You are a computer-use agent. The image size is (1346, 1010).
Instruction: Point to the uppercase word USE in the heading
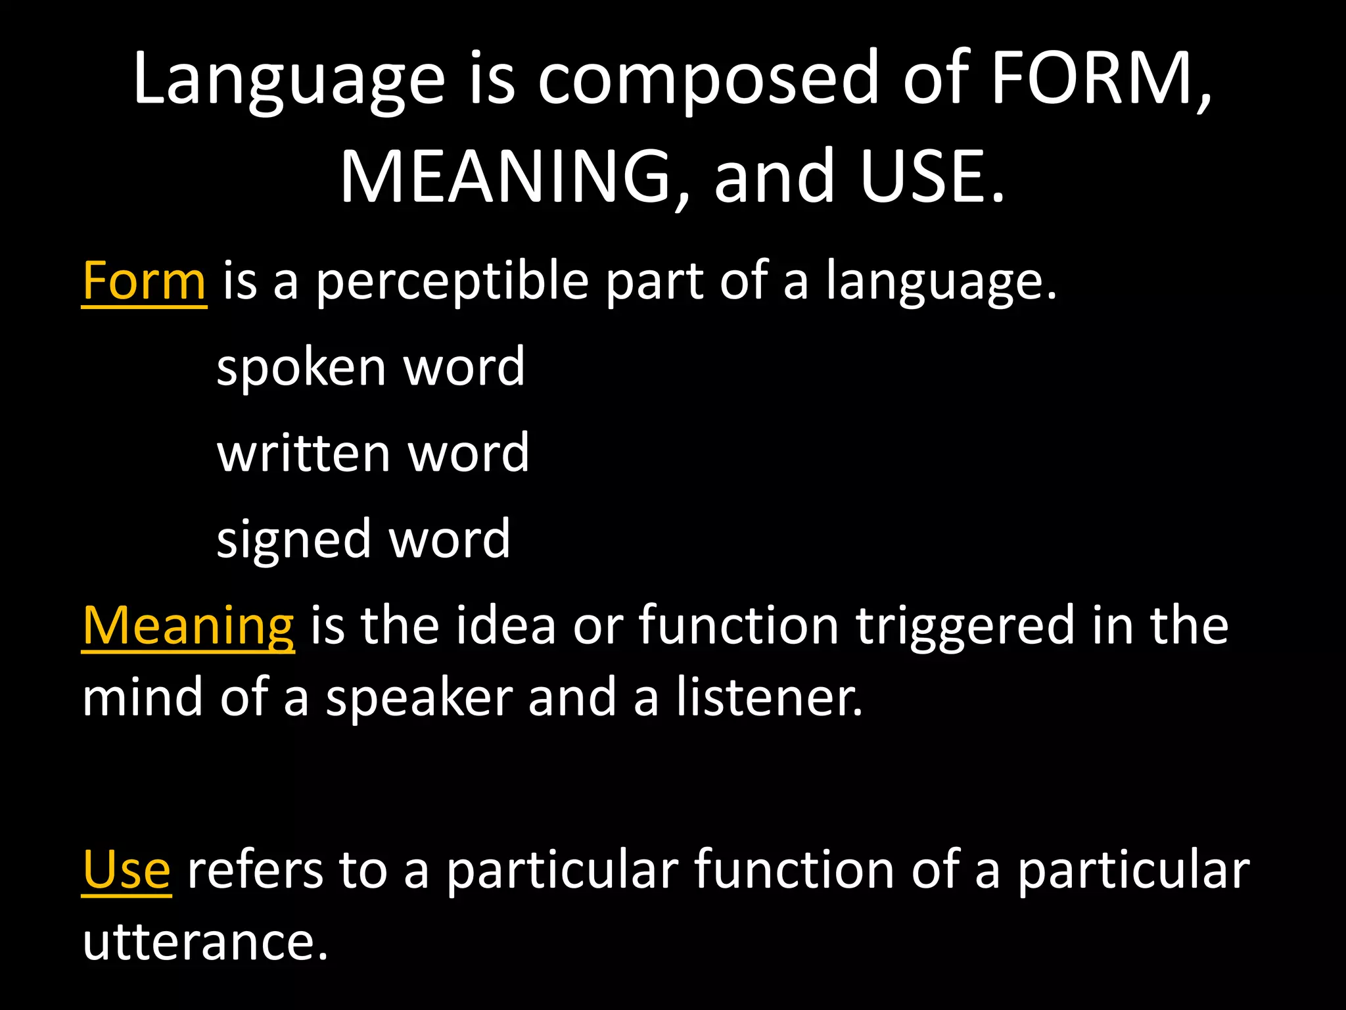tap(923, 176)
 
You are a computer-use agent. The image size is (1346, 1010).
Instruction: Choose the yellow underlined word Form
tap(145, 281)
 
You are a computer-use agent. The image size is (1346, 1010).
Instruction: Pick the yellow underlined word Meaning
tap(189, 625)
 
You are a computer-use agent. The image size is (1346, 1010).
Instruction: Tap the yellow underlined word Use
tap(127, 870)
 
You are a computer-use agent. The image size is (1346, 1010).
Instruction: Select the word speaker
tap(419, 699)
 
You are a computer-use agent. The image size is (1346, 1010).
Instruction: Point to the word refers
tap(255, 870)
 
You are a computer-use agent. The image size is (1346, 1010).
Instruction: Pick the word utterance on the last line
tap(204, 942)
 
